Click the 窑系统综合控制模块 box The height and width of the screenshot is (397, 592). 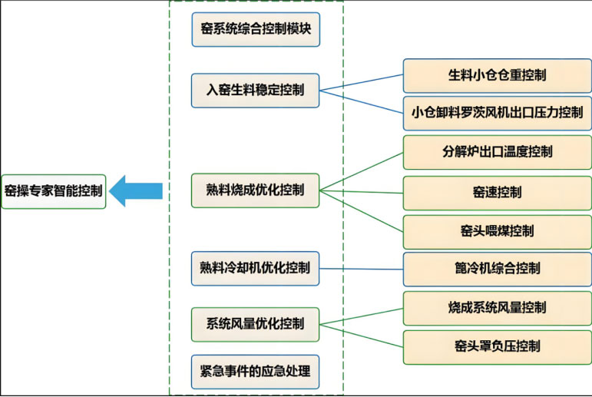click(255, 30)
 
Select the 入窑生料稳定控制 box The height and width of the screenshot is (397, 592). click(255, 90)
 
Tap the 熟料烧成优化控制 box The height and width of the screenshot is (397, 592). click(255, 189)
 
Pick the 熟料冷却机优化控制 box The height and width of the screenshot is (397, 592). click(255, 267)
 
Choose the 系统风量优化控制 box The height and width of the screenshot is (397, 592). click(255, 322)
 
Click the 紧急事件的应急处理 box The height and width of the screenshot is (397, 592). click(255, 372)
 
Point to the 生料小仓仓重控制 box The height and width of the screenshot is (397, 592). click(497, 75)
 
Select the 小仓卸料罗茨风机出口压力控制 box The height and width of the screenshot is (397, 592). click(497, 113)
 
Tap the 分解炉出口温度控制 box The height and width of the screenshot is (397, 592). click(497, 152)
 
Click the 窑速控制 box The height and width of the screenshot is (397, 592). click(497, 192)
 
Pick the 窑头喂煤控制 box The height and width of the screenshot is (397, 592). click(497, 230)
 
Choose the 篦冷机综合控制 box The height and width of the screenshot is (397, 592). click(497, 268)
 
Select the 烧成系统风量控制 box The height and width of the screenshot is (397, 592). click(497, 307)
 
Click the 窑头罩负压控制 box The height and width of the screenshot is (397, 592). click(497, 346)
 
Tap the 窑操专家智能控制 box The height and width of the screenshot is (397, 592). click(53, 191)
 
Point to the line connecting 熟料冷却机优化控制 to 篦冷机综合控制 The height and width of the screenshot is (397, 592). click(361, 268)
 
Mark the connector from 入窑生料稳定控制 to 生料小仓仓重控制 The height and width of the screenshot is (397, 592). click(361, 83)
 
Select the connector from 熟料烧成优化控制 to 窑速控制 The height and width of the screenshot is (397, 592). click(361, 190)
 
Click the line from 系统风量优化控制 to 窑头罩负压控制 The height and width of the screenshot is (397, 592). click(361, 333)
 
